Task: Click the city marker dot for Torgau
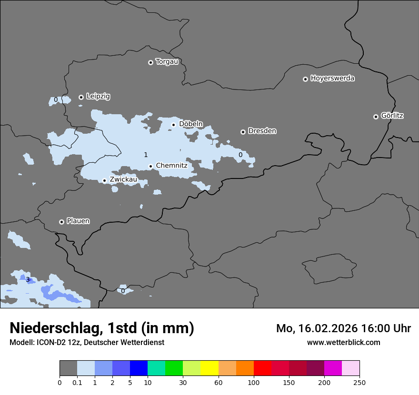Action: (x=150, y=62)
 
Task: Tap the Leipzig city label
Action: (x=98, y=96)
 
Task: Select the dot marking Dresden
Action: (x=243, y=132)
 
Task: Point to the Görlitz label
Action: (x=392, y=116)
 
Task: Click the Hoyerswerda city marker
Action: (x=305, y=79)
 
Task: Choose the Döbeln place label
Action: (x=190, y=124)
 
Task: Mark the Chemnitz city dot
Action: (x=150, y=167)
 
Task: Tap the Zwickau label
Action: (x=123, y=179)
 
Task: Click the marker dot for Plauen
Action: (x=61, y=222)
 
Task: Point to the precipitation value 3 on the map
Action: (x=28, y=279)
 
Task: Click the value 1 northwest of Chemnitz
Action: (x=146, y=155)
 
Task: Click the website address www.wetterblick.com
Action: (x=343, y=342)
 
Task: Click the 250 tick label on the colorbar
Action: (x=359, y=382)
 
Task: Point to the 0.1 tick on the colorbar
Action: (x=77, y=382)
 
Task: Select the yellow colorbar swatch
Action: (x=209, y=368)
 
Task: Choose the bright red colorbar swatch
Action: (x=262, y=368)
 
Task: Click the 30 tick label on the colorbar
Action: (x=183, y=382)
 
